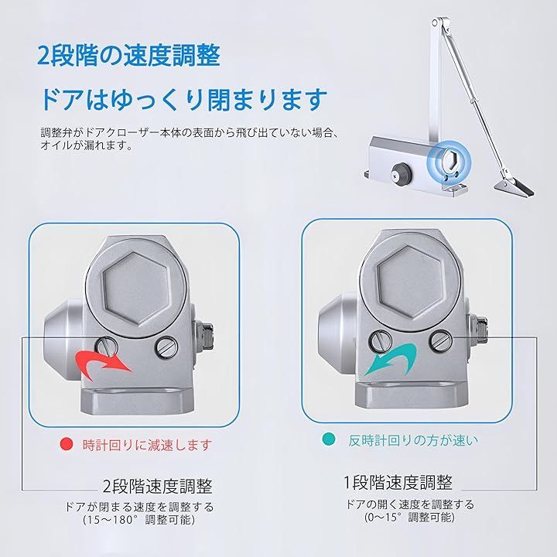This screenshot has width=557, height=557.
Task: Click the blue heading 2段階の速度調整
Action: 128,56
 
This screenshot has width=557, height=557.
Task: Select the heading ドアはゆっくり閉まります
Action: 183,100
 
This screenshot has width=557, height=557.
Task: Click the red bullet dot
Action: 67,444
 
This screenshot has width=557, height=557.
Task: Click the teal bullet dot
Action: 329,439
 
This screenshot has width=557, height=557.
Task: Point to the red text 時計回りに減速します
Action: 147,444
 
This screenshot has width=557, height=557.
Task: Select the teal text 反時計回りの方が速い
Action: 413,440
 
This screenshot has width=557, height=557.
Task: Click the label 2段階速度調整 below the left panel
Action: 157,486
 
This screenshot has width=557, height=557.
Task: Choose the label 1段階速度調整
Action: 398,483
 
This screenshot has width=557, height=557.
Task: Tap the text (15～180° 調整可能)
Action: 139,520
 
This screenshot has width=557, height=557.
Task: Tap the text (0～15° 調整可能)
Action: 409,517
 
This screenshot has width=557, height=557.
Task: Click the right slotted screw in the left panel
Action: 166,346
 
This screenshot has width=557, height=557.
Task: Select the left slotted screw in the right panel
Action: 381,340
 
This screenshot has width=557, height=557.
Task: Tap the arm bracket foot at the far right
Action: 514,187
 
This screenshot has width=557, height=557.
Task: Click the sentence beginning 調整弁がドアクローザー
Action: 188,139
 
